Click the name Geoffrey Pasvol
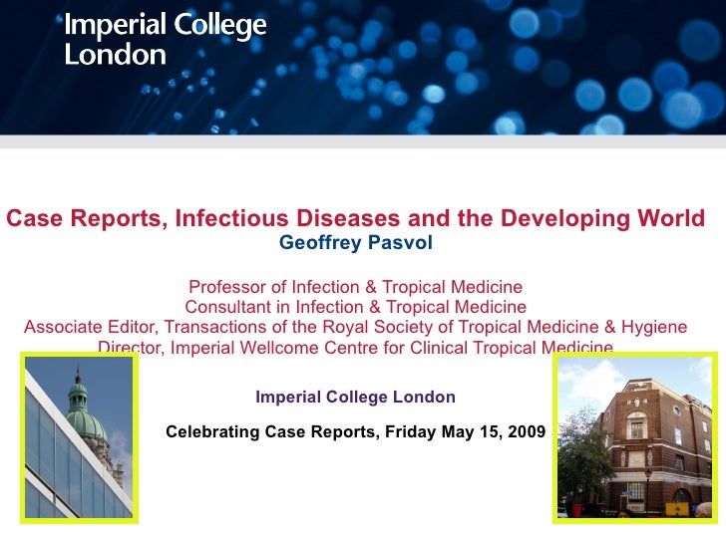tap(356, 242)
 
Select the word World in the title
tap(669, 219)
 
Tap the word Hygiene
tap(652, 327)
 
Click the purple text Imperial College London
tap(355, 397)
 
